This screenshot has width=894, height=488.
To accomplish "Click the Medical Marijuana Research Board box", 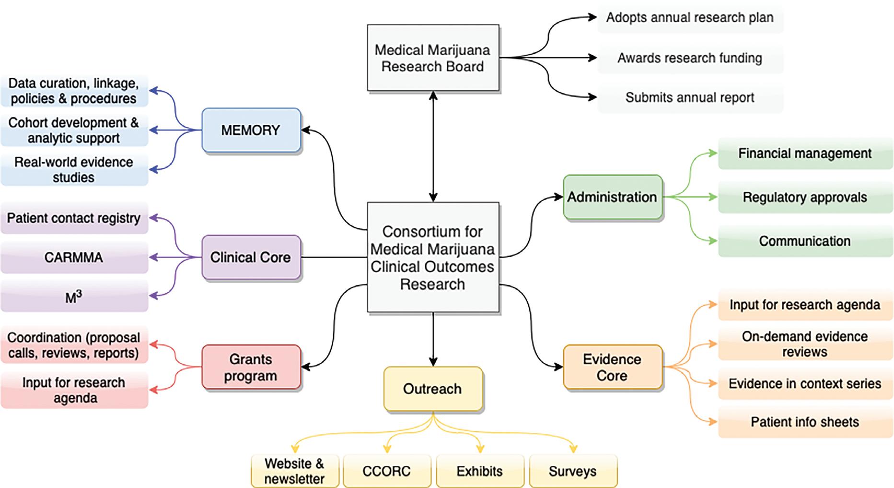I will (433, 58).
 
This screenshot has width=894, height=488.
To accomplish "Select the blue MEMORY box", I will (251, 130).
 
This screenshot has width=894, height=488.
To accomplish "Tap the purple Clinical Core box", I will (251, 257).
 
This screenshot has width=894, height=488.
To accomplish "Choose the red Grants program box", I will (251, 367).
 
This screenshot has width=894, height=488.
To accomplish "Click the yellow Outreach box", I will (433, 389).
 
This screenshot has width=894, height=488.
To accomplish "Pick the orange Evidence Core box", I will (612, 367).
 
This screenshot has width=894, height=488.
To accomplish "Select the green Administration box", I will (612, 197).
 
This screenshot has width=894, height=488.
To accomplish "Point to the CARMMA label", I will (74, 258).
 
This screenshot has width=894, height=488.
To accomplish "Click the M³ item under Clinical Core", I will (74, 298).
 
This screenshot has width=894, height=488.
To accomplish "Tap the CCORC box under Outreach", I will (386, 471).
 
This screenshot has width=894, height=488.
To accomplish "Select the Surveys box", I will (573, 471).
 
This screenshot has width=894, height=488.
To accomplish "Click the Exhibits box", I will (479, 471).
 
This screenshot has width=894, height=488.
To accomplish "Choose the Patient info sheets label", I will (805, 422).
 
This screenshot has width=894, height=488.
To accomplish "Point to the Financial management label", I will (805, 154).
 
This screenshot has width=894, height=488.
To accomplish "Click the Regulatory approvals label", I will (805, 197).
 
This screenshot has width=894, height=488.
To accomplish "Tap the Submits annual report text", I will (690, 97).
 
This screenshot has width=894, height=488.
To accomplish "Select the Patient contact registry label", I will (74, 218).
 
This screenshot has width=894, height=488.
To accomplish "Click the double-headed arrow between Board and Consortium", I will (433, 146).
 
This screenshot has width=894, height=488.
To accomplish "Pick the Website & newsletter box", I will (294, 471).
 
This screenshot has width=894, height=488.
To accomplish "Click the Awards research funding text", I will (690, 58).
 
